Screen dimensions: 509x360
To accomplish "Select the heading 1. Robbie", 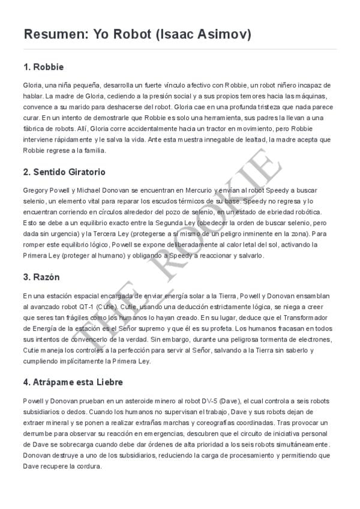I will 43,66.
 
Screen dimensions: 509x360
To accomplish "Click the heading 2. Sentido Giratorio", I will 64,172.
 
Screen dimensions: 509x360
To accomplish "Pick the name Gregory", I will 37,190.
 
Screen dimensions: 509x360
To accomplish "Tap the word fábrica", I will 35,128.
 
